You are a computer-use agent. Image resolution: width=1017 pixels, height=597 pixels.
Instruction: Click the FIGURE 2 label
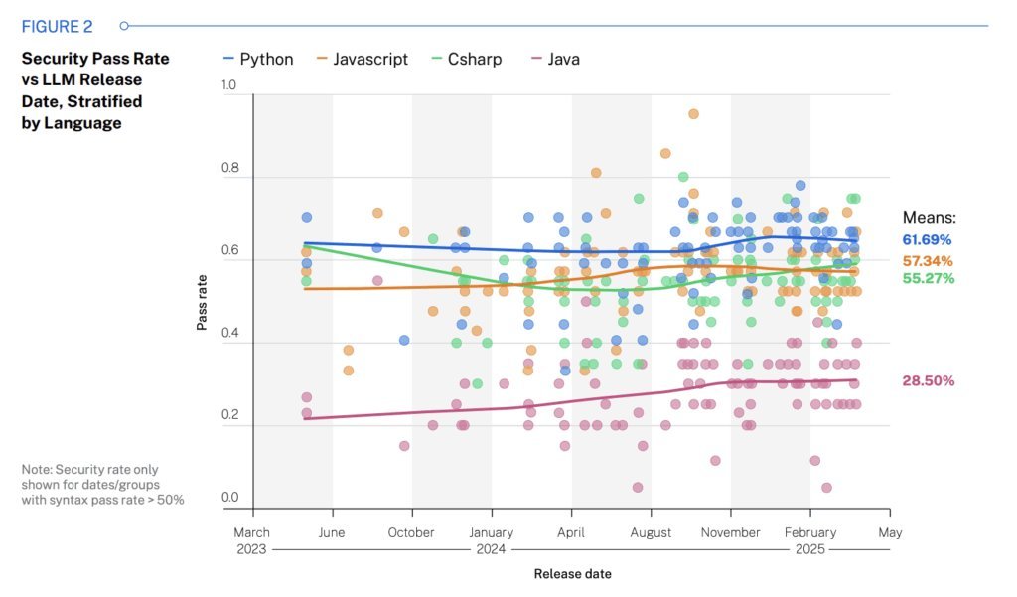tap(59, 25)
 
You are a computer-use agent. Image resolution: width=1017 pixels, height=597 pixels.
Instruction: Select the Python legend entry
tap(258, 59)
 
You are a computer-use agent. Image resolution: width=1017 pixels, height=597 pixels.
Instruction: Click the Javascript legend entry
tap(362, 59)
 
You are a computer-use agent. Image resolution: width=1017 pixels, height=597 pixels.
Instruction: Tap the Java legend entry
tap(555, 59)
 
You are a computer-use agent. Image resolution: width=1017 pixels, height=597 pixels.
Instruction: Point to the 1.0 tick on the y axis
tap(229, 85)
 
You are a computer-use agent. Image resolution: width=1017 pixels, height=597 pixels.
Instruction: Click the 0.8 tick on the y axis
tap(229, 169)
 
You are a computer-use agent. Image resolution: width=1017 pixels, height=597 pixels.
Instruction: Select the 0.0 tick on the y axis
tap(229, 498)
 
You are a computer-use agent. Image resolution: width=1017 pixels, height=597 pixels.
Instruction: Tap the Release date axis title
tap(572, 574)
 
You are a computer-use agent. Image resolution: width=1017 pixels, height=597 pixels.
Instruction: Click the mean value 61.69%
tap(927, 240)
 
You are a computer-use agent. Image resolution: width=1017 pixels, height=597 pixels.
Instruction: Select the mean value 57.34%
tap(927, 261)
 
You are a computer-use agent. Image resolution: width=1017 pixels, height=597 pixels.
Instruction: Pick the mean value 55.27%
tap(927, 278)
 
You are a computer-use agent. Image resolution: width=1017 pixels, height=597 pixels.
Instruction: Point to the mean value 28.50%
tap(928, 381)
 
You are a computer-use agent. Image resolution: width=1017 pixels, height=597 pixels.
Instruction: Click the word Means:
tap(929, 217)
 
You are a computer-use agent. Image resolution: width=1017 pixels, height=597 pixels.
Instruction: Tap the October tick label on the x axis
tap(411, 532)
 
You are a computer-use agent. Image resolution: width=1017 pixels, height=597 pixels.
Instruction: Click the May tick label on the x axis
tap(890, 532)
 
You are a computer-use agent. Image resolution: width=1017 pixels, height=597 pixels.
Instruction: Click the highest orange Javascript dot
tap(693, 114)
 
